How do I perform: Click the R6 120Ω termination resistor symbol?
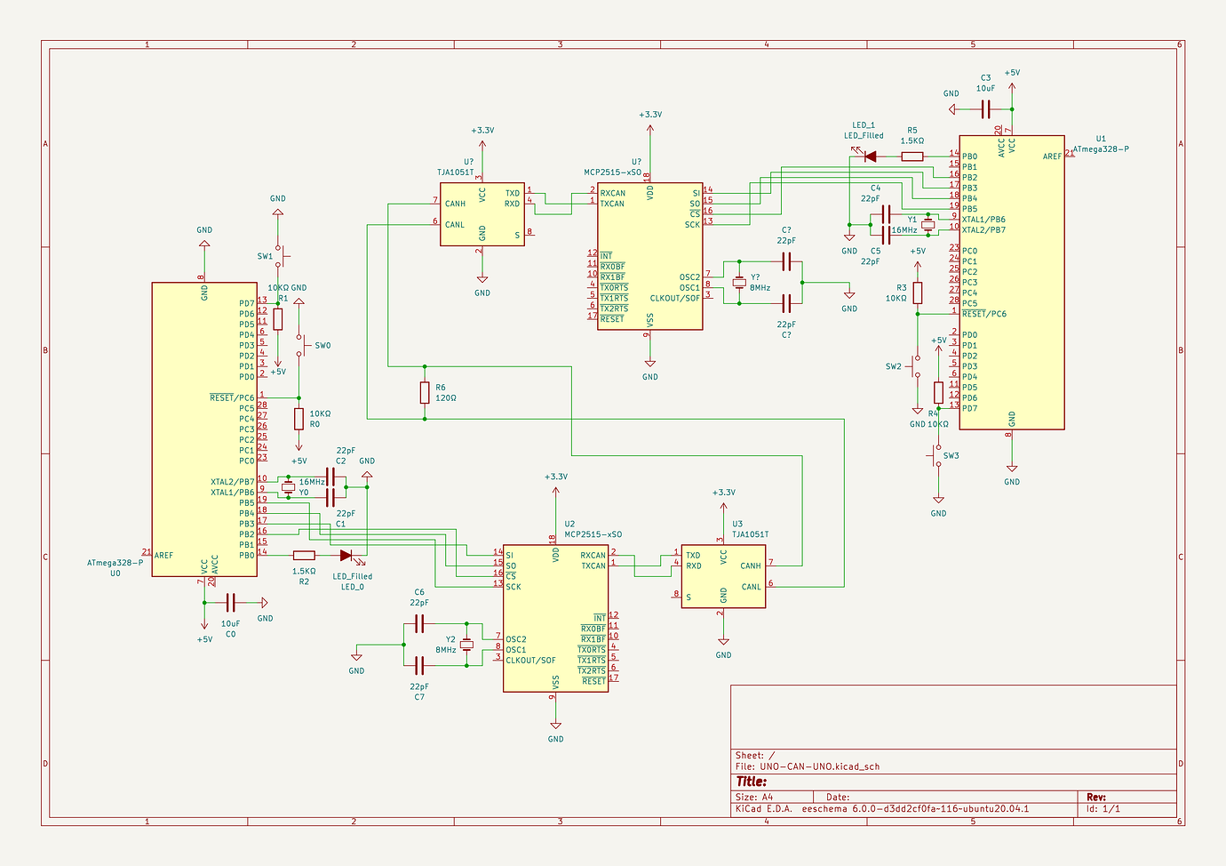click(425, 392)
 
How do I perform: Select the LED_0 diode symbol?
click(346, 555)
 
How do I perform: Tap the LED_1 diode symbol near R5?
click(869, 156)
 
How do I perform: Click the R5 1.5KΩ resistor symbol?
click(912, 156)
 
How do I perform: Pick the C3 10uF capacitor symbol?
click(985, 109)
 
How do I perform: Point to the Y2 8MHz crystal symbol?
click(466, 645)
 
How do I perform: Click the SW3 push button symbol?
click(936, 459)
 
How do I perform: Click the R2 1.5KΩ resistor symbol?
click(304, 555)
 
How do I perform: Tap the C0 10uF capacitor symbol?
click(231, 603)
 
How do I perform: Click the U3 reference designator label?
click(737, 525)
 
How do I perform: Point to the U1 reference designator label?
click(1101, 139)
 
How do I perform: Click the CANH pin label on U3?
click(751, 565)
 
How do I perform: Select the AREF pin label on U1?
click(1052, 156)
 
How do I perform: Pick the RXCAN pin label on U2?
click(593, 556)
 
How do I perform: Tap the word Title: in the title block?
click(751, 782)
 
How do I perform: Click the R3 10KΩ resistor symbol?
click(918, 293)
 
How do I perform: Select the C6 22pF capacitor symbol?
click(419, 623)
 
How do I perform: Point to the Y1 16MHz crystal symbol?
click(927, 225)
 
